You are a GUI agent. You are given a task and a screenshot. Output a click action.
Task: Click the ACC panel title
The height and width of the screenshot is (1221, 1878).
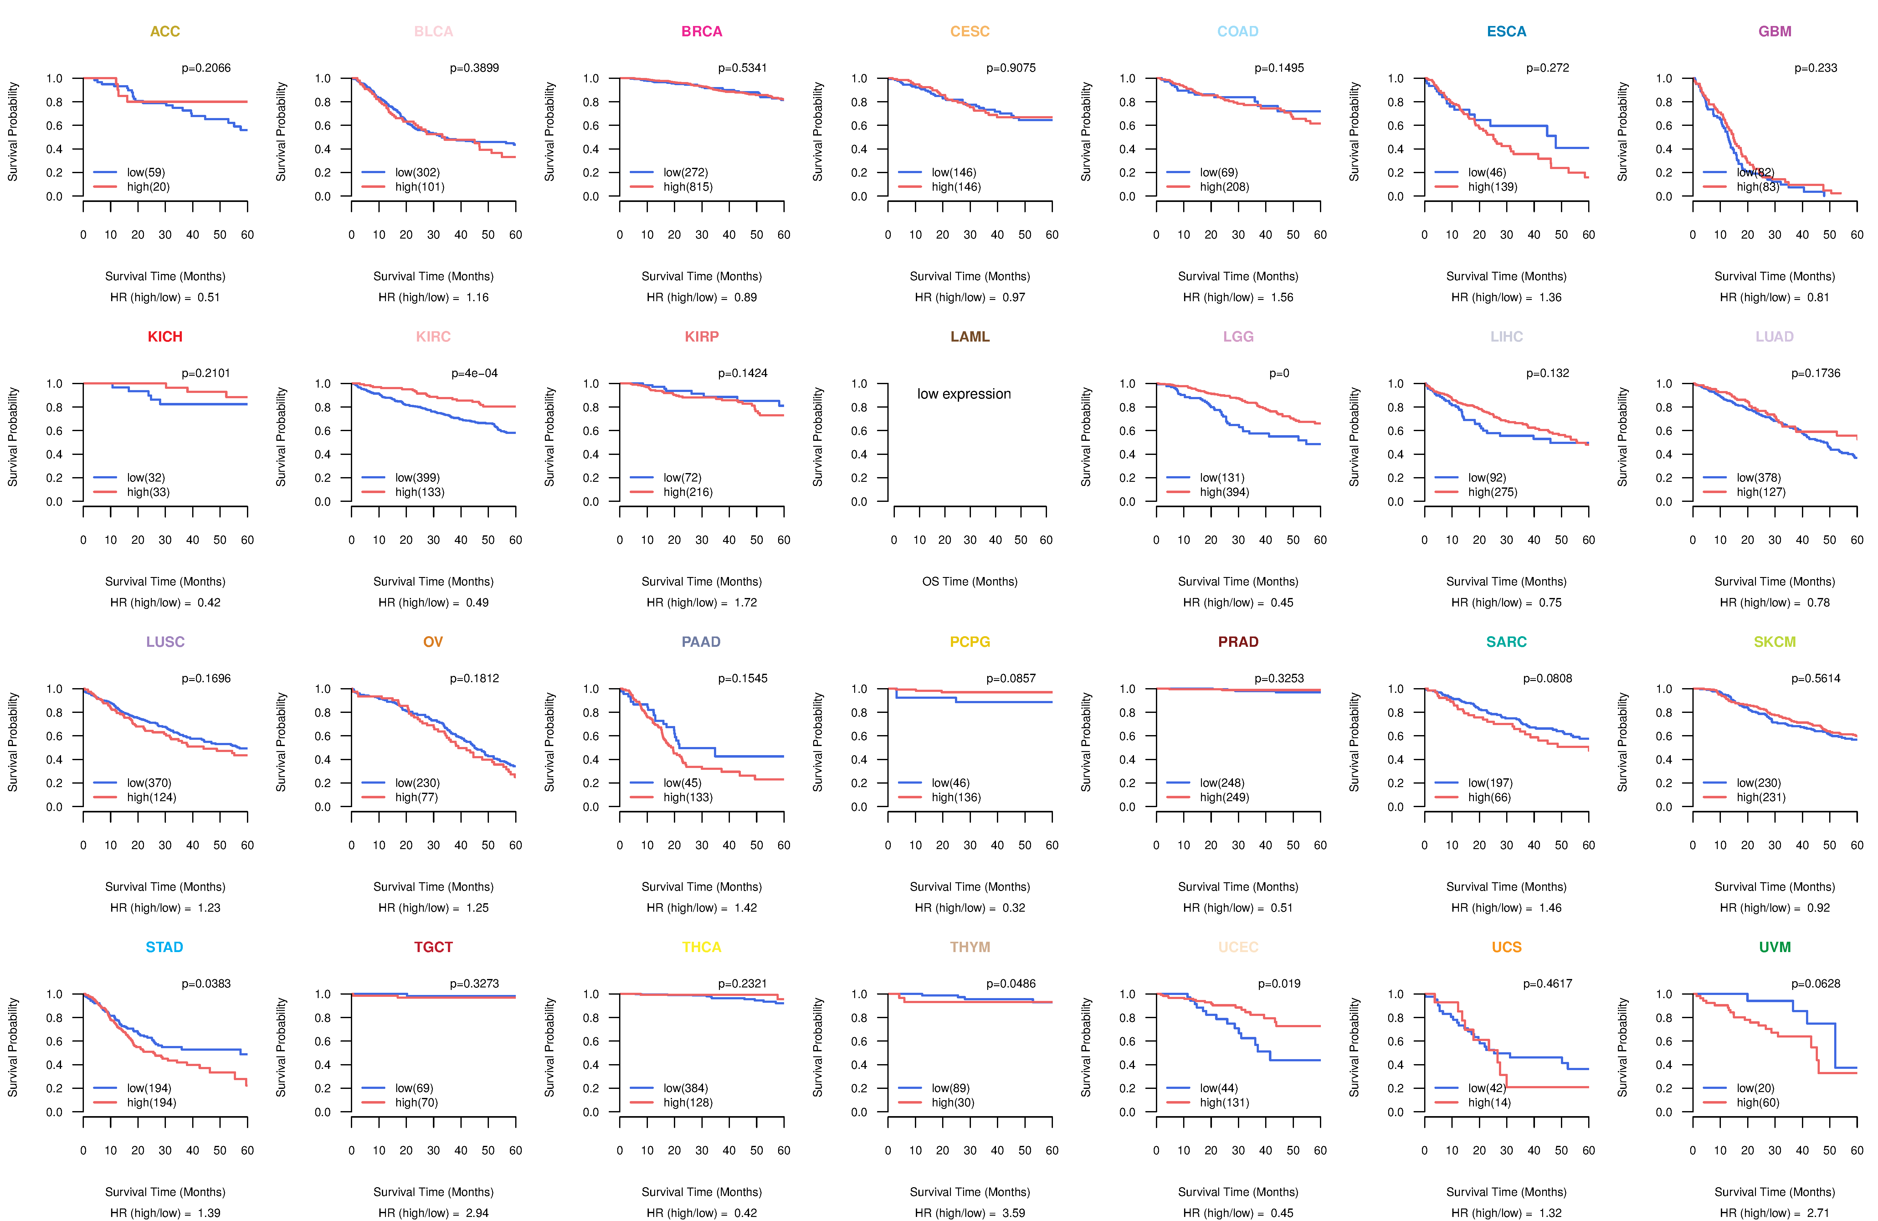pyautogui.click(x=165, y=32)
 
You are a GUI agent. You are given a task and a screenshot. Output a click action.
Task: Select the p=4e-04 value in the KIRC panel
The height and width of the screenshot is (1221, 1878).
pyautogui.click(x=474, y=373)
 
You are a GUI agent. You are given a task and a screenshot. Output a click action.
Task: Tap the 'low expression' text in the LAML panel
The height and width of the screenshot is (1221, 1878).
pyautogui.click(x=963, y=394)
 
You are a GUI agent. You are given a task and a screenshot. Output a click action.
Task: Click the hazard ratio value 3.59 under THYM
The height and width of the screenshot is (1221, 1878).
pyautogui.click(x=1013, y=1213)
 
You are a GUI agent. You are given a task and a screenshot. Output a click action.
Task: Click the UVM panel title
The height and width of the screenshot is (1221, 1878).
pyautogui.click(x=1775, y=947)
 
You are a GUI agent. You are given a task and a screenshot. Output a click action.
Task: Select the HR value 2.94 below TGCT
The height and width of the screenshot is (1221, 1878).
pyautogui.click(x=477, y=1213)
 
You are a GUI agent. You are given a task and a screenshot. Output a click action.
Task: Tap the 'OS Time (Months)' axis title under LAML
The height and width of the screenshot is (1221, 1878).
pyautogui.click(x=970, y=582)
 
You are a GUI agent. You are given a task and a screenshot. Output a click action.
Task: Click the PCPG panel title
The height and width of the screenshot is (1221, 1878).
pyautogui.click(x=970, y=642)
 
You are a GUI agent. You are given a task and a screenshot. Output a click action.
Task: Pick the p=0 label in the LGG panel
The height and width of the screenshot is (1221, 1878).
pyautogui.click(x=1279, y=373)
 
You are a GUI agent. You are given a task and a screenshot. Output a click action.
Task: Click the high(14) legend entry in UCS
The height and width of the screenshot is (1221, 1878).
pyautogui.click(x=1489, y=1103)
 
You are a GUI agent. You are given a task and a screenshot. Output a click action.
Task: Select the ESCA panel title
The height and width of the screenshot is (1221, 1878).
pyautogui.click(x=1506, y=32)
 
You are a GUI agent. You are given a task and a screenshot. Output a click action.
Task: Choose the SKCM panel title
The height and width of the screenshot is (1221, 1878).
pyautogui.click(x=1775, y=642)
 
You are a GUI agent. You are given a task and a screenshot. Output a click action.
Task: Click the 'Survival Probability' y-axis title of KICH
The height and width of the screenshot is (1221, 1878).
pyautogui.click(x=13, y=436)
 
